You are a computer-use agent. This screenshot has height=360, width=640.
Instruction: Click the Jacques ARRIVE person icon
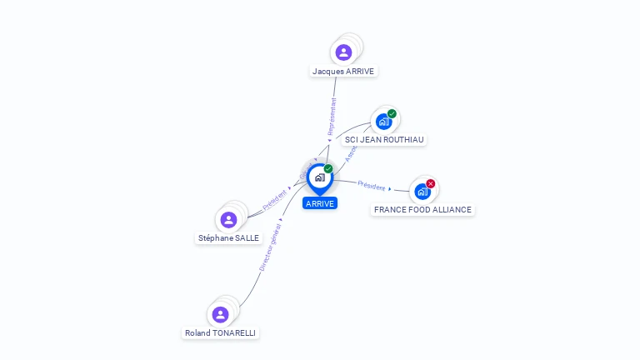343,52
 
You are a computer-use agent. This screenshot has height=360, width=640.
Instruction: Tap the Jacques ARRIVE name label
343,72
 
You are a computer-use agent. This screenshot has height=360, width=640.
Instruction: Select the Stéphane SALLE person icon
228,220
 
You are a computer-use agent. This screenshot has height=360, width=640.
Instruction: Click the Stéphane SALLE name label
228,238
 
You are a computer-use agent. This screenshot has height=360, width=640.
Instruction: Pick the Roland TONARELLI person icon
220,314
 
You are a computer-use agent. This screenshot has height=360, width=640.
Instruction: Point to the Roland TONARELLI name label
221,333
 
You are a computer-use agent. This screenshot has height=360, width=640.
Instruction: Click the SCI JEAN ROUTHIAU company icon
383,121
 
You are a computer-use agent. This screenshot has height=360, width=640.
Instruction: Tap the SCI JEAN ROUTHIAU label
385,140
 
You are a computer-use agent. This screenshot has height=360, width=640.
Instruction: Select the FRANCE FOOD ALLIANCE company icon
422,191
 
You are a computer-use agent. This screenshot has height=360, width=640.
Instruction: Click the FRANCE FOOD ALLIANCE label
422,210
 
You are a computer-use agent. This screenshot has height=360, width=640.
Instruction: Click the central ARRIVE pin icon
319,177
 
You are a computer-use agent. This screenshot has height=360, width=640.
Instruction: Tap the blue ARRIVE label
320,203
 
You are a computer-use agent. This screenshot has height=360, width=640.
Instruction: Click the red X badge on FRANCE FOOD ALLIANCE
431,183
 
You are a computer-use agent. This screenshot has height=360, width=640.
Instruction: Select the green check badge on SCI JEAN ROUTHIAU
392,113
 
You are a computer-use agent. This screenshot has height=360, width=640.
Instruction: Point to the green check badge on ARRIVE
328,169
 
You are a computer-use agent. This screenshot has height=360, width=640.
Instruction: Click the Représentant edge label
332,117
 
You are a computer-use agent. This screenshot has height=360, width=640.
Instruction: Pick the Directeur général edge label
270,247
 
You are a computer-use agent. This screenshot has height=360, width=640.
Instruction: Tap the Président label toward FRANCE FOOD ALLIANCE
372,186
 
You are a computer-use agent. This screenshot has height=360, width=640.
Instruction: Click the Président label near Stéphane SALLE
274,200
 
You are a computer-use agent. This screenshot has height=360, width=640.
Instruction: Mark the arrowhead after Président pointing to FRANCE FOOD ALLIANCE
390,190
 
